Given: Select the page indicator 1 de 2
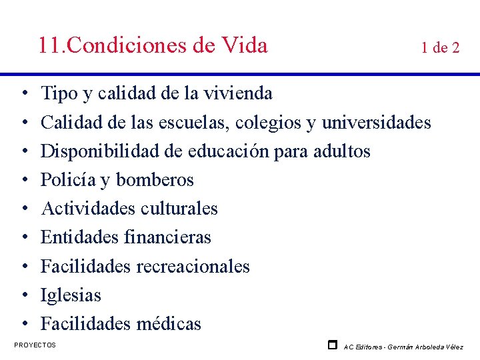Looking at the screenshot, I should pyautogui.click(x=439, y=47).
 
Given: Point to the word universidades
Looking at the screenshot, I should pyautogui.click(x=377, y=123).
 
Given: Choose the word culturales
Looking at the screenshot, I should pyautogui.click(x=179, y=209).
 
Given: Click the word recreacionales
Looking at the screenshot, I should pyautogui.click(x=193, y=267).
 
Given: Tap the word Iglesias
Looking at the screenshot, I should pyautogui.click(x=71, y=295).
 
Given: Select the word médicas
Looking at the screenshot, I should pyautogui.click(x=169, y=324).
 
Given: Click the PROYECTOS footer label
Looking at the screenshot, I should pyautogui.click(x=35, y=345).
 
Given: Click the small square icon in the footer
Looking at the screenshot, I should pyautogui.click(x=332, y=345).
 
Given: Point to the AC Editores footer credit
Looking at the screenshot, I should pyautogui.click(x=403, y=347).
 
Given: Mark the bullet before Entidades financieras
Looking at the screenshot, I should pyautogui.click(x=23, y=237).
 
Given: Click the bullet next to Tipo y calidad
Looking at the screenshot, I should pyautogui.click(x=23, y=94).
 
